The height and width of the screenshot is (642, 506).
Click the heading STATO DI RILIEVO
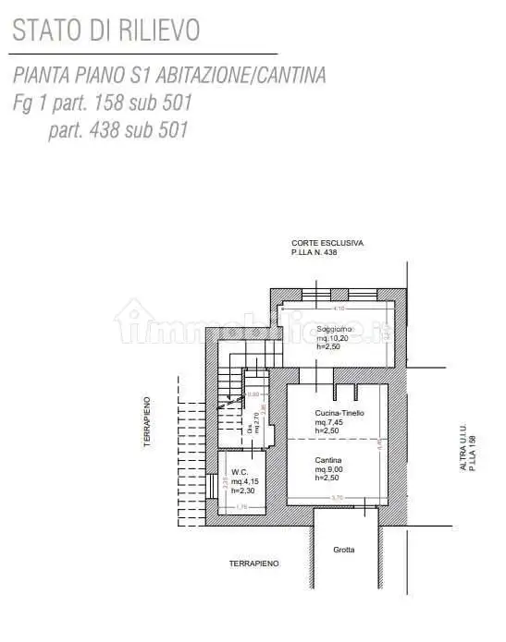tap(106, 30)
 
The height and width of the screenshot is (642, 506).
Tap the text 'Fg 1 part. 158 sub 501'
tap(103, 103)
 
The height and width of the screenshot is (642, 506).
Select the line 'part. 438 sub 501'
tap(118, 129)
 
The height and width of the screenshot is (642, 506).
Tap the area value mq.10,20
tap(333, 338)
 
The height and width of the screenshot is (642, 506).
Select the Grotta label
tap(343, 550)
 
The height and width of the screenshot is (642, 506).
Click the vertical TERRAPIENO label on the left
tap(146, 421)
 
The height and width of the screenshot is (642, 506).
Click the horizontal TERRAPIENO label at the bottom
tap(254, 563)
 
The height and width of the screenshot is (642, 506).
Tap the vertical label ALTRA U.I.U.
tap(463, 448)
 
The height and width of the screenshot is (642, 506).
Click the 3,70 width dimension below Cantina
tap(339, 499)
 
